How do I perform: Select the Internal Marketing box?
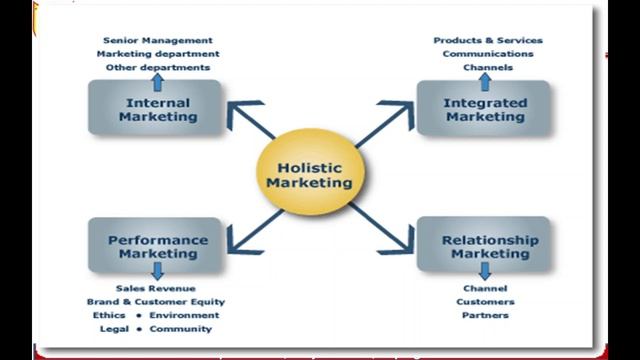point(158,109)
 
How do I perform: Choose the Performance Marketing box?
point(158,246)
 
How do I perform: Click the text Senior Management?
point(158,40)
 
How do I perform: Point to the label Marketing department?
point(158,54)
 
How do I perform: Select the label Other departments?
point(158,67)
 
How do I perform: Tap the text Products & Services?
point(488,40)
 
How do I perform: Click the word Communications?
point(488,54)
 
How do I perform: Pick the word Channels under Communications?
point(488,67)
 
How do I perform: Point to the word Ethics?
point(109,315)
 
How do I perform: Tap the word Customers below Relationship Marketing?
point(486,301)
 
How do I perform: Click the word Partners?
point(486,315)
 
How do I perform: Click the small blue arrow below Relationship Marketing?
point(485,271)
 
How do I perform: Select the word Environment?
point(184,315)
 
